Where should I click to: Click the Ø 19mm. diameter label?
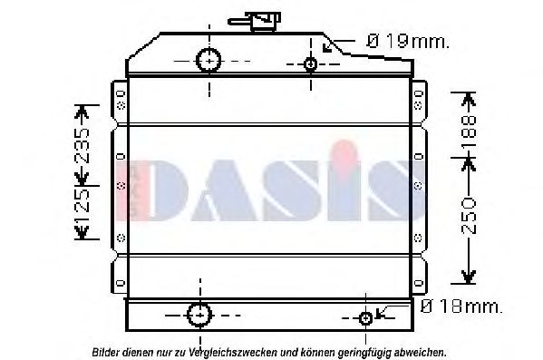[407, 41]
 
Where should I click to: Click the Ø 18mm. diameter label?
[461, 308]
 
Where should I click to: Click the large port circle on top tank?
[209, 60]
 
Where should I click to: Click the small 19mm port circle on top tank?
[311, 63]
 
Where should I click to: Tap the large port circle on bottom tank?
[198, 315]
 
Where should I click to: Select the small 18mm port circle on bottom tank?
[366, 317]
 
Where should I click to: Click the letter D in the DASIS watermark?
[172, 191]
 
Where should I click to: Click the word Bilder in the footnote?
[106, 351]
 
